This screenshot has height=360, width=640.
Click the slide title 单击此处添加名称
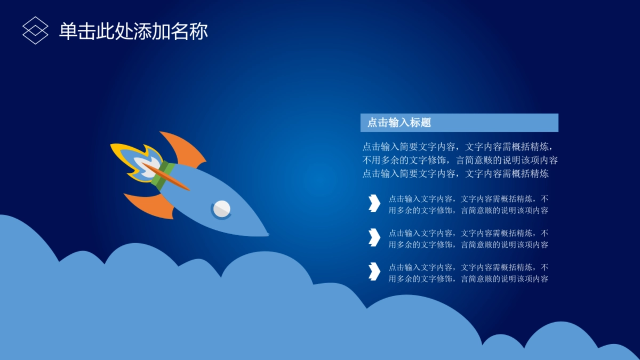(x=133, y=31)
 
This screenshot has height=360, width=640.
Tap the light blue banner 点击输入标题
(x=459, y=123)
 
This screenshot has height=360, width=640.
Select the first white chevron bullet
(x=374, y=203)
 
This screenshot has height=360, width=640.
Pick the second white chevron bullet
(x=374, y=237)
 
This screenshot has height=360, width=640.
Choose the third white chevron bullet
(x=374, y=271)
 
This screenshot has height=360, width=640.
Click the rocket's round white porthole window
(x=222, y=209)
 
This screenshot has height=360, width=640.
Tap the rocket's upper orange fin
(x=186, y=150)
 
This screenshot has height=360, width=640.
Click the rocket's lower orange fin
(x=151, y=204)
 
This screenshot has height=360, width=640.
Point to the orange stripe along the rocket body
(x=166, y=177)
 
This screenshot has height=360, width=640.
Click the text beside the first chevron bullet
(x=468, y=205)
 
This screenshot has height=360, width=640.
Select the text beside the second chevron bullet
(x=468, y=239)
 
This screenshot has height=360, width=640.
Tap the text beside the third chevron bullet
(x=468, y=273)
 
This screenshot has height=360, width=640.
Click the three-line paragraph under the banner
(x=460, y=160)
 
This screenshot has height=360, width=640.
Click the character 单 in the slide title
(x=68, y=31)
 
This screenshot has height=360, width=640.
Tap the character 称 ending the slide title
(x=198, y=31)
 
